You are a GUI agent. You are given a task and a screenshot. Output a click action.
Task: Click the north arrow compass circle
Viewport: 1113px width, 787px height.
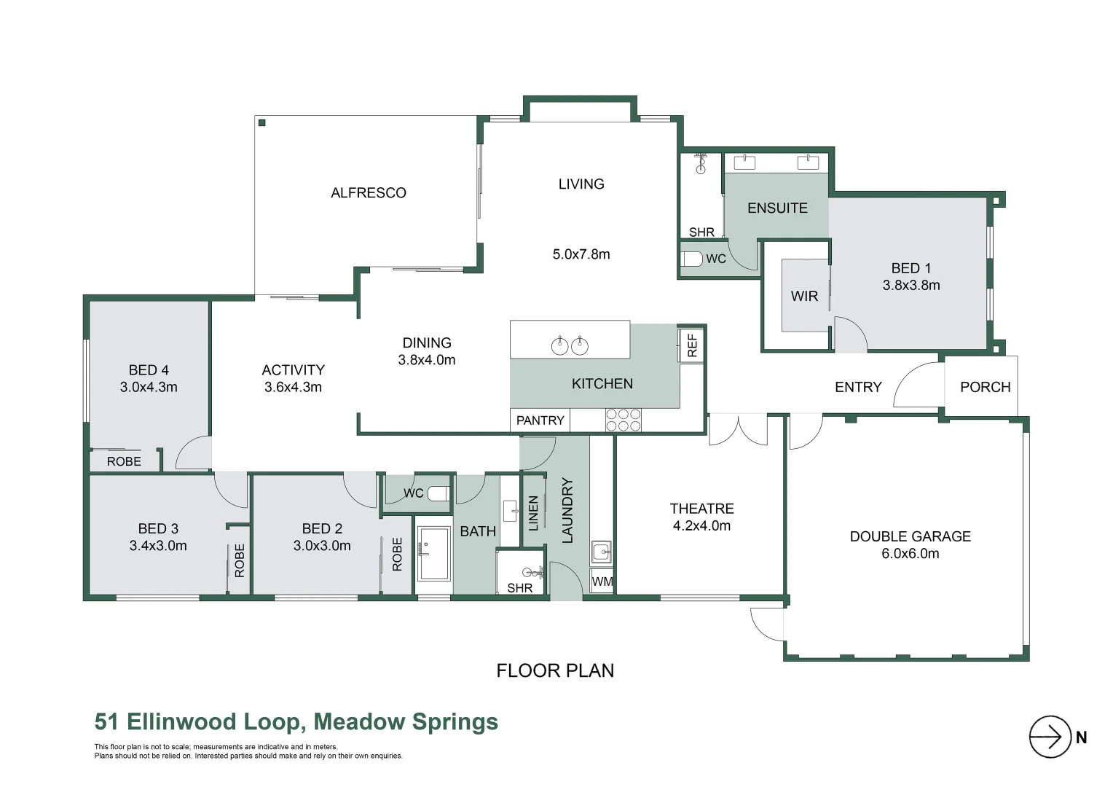pyautogui.click(x=1049, y=737)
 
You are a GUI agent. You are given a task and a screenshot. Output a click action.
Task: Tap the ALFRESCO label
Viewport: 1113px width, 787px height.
pyautogui.click(x=368, y=193)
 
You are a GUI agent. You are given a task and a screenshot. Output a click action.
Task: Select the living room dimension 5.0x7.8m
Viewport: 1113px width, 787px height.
pyautogui.click(x=581, y=254)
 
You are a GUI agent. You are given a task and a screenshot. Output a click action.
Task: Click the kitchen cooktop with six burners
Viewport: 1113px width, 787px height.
pyautogui.click(x=624, y=420)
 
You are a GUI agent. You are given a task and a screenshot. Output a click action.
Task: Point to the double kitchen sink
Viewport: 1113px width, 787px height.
pyautogui.click(x=570, y=345)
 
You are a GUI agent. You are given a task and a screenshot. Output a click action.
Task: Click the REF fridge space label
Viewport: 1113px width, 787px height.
pyautogui.click(x=692, y=345)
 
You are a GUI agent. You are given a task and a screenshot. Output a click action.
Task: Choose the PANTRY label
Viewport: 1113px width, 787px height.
pyautogui.click(x=540, y=420)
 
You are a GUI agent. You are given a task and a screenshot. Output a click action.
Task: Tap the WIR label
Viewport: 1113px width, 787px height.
pyautogui.click(x=804, y=297)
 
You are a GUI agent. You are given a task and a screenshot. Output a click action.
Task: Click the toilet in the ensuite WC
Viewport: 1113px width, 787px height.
pyautogui.click(x=693, y=259)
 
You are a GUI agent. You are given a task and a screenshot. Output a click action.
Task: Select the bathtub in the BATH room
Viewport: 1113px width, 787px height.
pyautogui.click(x=434, y=554)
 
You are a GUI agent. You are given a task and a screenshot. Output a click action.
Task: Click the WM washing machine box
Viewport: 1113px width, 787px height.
pyautogui.click(x=602, y=582)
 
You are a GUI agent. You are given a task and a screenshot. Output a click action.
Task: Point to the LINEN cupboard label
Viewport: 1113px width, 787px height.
pyautogui.click(x=533, y=512)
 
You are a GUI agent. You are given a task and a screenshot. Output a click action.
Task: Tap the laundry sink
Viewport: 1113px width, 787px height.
pyautogui.click(x=601, y=552)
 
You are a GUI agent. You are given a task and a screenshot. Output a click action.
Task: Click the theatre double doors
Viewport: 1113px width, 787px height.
pyautogui.click(x=739, y=429)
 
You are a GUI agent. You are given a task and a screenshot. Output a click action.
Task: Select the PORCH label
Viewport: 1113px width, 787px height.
pyautogui.click(x=985, y=387)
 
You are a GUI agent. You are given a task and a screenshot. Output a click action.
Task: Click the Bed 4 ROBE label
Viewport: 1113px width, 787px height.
pyautogui.click(x=124, y=461)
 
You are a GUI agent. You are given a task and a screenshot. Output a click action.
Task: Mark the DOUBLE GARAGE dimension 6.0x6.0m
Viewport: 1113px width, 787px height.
pyautogui.click(x=910, y=554)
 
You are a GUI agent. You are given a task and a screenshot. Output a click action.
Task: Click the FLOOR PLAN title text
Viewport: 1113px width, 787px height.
pyautogui.click(x=555, y=670)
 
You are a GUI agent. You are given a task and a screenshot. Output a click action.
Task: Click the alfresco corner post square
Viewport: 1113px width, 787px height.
pyautogui.click(x=262, y=123)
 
